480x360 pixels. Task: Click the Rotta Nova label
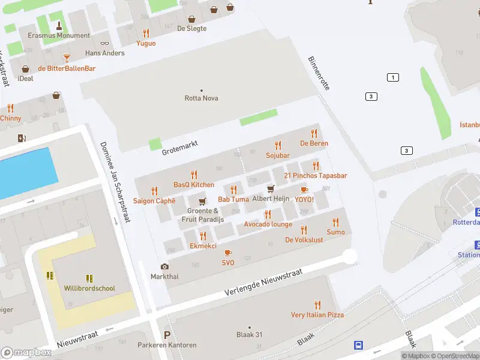pos(201,98)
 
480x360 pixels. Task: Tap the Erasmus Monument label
pos(59,35)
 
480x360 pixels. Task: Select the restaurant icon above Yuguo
pos(146,34)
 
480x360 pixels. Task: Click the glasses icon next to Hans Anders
pos(105,43)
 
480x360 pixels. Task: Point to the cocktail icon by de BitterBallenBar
pos(66,58)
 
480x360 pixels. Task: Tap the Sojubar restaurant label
pos(278,155)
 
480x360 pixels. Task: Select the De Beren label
pos(314,143)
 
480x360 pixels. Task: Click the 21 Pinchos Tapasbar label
pos(316,175)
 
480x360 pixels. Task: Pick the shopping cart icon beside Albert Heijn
pos(271,189)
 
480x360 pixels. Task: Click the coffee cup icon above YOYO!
pos(304,190)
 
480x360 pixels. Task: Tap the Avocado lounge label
pos(268,224)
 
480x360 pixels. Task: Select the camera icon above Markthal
pos(164,267)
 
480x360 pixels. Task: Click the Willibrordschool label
pos(89,289)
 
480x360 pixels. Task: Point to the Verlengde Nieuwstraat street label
pos(264,283)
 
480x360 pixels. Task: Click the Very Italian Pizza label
pos(317,315)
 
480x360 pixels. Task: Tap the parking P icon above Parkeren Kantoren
pos(167,335)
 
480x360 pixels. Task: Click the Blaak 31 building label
pos(250,335)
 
